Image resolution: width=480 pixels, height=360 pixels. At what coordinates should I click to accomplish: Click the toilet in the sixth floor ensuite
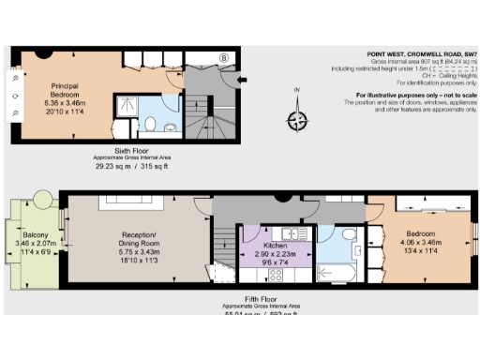click(151, 124)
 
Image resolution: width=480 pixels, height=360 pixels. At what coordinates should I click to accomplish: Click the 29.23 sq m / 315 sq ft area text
click(131, 167)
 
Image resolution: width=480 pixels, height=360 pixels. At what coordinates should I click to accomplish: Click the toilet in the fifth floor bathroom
click(348, 234)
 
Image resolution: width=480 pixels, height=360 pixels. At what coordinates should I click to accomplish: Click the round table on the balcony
click(40, 202)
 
